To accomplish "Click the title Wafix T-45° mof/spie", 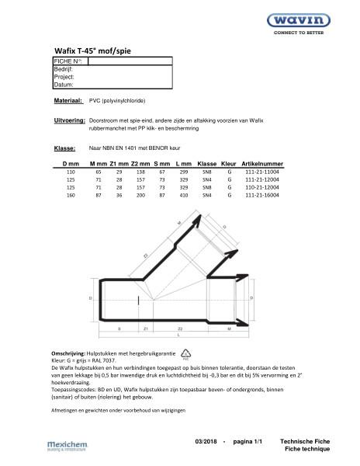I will click(89, 47).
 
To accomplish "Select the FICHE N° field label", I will click(69, 60).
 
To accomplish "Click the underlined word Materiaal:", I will click(68, 102).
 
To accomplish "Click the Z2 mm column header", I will click(141, 165).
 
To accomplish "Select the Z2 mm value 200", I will click(140, 195).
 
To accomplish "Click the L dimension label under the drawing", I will click(179, 337).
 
